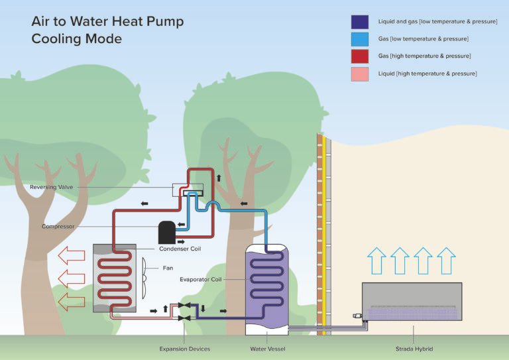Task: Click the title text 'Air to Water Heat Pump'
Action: [107, 22]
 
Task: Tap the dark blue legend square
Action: [360, 22]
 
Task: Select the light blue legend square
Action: [360, 39]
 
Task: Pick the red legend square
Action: [360, 56]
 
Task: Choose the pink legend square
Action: [360, 74]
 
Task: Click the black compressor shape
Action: [167, 231]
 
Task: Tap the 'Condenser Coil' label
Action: [180, 249]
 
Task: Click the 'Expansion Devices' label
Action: [184, 349]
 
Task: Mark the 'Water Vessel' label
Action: [267, 349]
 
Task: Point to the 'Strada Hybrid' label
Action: [414, 349]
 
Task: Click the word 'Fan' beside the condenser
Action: [168, 269]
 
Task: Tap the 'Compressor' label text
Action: [58, 227]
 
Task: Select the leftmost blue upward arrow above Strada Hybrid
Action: [376, 260]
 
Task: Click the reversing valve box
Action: [188, 190]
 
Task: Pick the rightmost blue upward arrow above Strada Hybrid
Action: [446, 260]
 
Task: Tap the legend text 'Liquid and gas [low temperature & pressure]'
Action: [437, 22]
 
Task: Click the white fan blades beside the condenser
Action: [144, 279]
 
